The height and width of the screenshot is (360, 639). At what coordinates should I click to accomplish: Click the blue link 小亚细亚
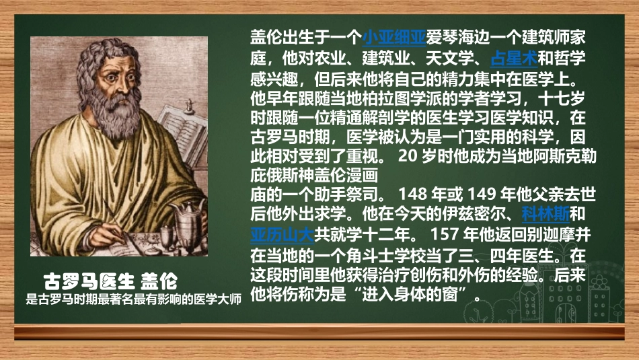click(393, 36)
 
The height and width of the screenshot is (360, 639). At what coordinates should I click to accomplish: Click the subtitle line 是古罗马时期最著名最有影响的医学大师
click(133, 299)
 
